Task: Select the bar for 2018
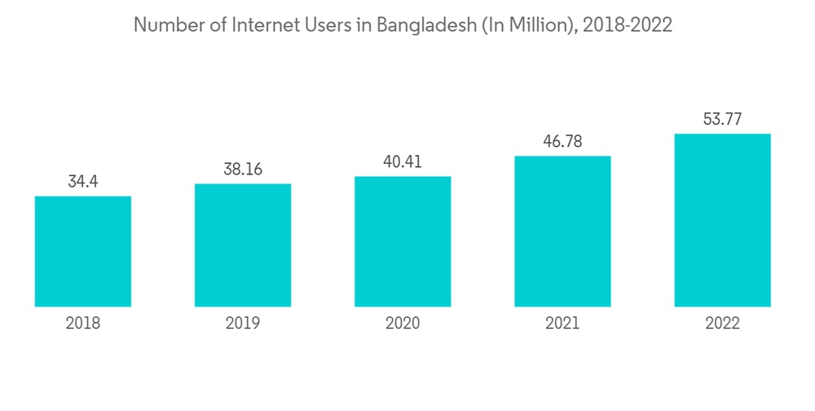pos(83,251)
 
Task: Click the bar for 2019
pos(243,245)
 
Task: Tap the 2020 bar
pos(403,241)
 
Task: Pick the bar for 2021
pos(562,231)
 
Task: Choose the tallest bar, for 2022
pos(722,220)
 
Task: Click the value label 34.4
pos(83,182)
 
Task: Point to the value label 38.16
pos(243,170)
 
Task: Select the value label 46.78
pos(562,142)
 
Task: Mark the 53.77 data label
pos(722,119)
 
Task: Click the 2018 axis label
pos(83,324)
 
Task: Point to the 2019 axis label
pos(243,324)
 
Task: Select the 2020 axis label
pos(403,324)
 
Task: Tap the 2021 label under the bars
pos(562,324)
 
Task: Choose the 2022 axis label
pos(722,324)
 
